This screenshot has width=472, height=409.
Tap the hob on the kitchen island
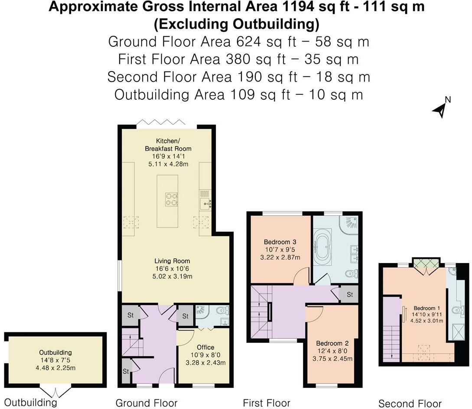pyautogui.click(x=171, y=199)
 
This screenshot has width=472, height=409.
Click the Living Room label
pyautogui.click(x=172, y=261)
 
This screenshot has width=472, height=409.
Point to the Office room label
pyautogui.click(x=205, y=347)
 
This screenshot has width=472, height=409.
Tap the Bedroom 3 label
pyautogui.click(x=280, y=242)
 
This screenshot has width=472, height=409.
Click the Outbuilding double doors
pyautogui.click(x=55, y=391)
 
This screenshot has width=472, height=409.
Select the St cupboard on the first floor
pyautogui.click(x=349, y=295)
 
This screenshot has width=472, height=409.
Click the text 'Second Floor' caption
pyautogui.click(x=410, y=404)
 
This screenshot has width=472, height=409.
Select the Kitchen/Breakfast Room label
pyautogui.click(x=168, y=145)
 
